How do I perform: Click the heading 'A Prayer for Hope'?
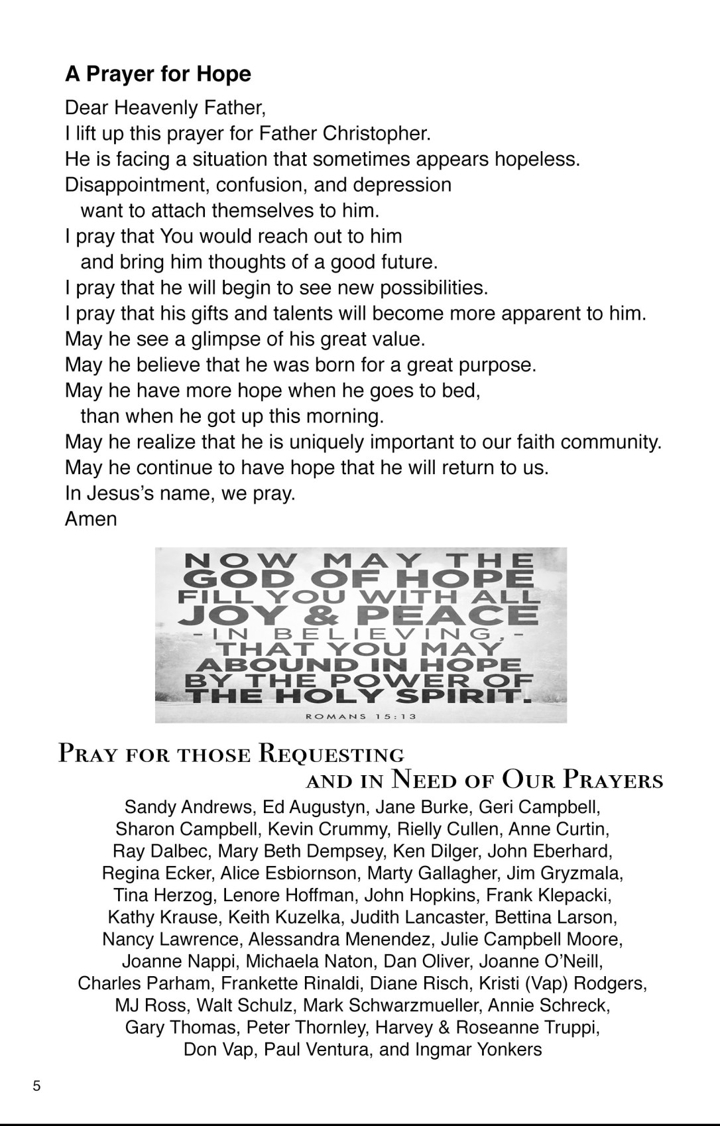(x=158, y=74)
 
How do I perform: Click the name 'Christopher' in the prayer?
(x=375, y=134)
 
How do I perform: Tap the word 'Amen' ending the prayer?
(x=91, y=519)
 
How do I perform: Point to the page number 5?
(x=36, y=1086)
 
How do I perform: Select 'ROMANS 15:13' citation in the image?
(x=361, y=716)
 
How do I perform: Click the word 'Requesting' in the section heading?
(x=331, y=755)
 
